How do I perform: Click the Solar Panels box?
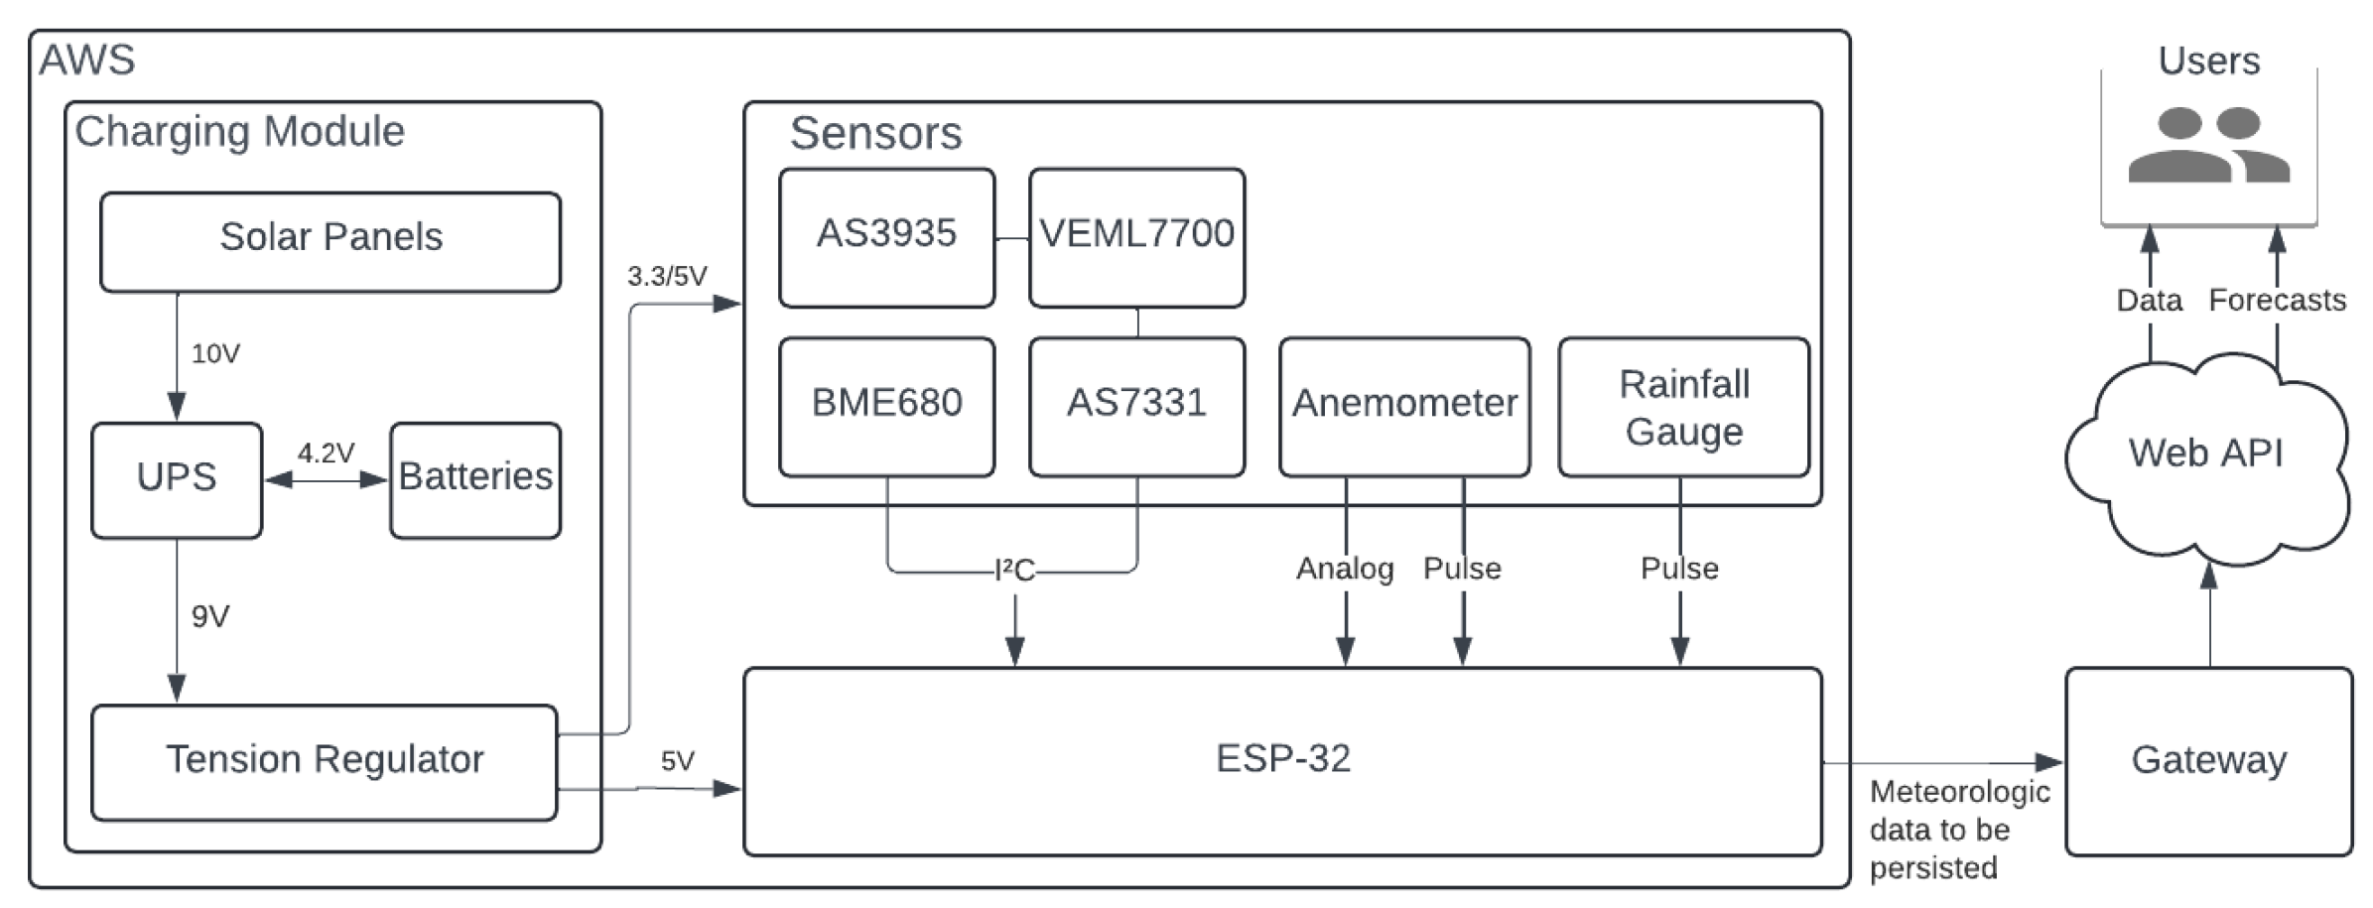click(x=330, y=241)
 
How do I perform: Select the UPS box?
click(x=177, y=480)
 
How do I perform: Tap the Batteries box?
click(x=475, y=480)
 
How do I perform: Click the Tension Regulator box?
click(x=325, y=762)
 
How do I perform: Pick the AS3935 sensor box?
click(x=886, y=237)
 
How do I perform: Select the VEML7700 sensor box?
click(x=1136, y=237)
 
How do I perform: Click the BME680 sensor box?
click(x=886, y=406)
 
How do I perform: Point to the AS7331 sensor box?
click(x=1136, y=406)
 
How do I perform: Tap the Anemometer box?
click(x=1403, y=406)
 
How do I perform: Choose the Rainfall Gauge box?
click(x=1683, y=406)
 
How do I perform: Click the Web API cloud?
click(x=2205, y=454)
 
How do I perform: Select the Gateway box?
click(x=2208, y=761)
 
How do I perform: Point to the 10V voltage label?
click(x=215, y=354)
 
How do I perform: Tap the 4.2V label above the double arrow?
click(x=326, y=454)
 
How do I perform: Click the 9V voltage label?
click(x=210, y=617)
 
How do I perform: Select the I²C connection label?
click(x=1014, y=571)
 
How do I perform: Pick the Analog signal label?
click(x=1345, y=569)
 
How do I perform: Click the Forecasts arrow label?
click(x=2277, y=301)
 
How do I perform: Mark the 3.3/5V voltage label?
click(x=667, y=277)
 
